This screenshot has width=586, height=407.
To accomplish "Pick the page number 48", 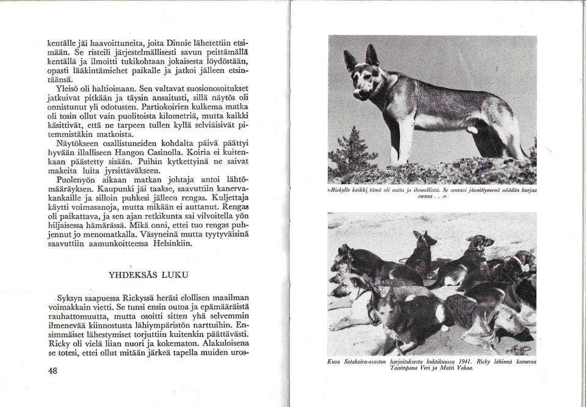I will pyautogui.click(x=52, y=371).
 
